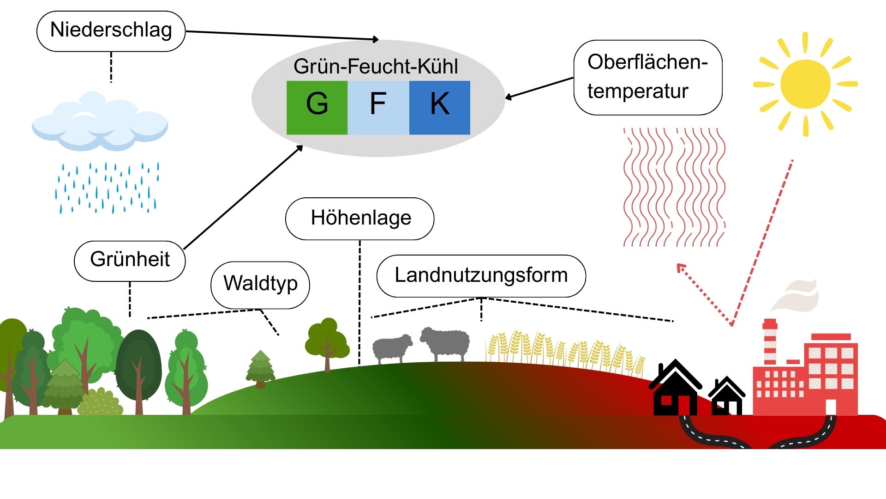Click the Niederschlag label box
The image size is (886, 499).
[111, 31]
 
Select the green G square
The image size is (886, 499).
[317, 108]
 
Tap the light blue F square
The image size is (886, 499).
[378, 108]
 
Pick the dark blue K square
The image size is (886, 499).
[439, 108]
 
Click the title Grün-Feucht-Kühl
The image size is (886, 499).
[376, 67]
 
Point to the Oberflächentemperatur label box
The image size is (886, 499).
[647, 77]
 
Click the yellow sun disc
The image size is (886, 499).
[805, 84]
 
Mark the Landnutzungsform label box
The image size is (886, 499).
[481, 276]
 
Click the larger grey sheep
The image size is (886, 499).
[445, 343]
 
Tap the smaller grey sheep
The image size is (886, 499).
[392, 348]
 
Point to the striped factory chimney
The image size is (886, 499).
[769, 342]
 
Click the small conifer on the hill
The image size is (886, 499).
[261, 369]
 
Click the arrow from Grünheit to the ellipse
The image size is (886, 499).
[243, 198]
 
